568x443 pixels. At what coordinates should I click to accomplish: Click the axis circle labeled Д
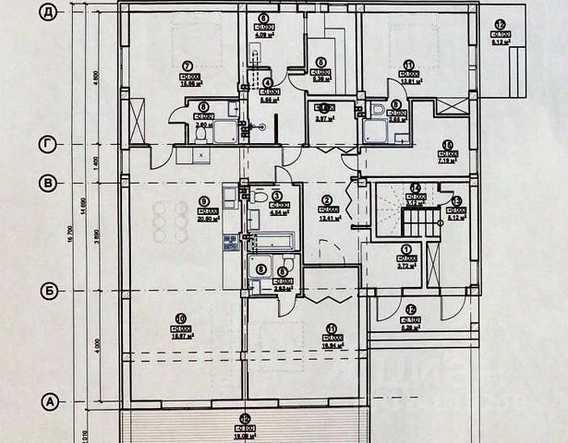point(50,12)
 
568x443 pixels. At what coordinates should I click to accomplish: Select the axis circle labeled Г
point(50,145)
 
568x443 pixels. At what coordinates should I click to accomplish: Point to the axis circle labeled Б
point(50,291)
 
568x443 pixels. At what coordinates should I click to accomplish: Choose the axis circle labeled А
point(50,401)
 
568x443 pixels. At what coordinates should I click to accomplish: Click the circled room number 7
point(187,65)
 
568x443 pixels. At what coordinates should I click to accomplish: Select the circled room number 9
point(205,200)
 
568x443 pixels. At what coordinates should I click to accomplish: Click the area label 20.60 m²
point(205,219)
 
